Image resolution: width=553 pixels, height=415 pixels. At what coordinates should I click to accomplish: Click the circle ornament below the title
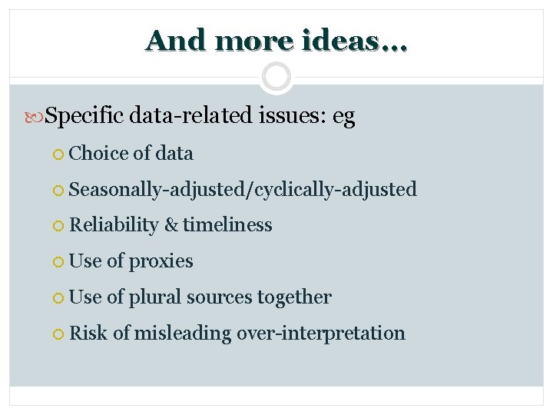click(276, 78)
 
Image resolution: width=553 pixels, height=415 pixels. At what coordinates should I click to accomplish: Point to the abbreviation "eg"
click(343, 118)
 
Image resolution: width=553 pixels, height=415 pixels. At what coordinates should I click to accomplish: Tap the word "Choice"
click(98, 154)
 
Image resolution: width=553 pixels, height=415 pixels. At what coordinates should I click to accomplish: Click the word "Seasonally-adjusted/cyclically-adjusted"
click(243, 189)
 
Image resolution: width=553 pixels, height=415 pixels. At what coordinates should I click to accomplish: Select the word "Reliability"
click(113, 225)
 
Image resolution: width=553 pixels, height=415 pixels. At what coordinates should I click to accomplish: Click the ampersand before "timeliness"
click(171, 225)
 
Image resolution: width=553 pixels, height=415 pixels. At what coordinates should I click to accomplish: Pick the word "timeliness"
click(227, 225)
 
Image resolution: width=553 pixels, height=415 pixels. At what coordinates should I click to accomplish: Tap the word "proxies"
click(161, 261)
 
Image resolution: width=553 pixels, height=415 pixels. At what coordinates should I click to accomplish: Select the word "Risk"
click(85, 333)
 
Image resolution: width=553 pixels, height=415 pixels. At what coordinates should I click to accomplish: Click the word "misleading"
click(182, 334)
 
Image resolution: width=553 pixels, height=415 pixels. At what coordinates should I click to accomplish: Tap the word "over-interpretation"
click(320, 334)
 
